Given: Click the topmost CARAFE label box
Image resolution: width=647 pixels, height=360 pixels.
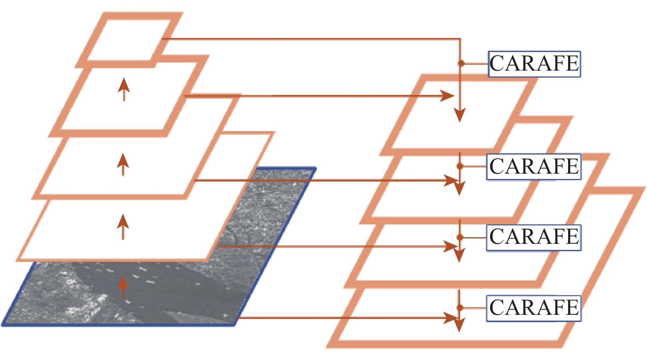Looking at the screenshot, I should tap(534, 64).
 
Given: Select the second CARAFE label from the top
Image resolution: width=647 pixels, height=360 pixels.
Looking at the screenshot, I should tap(534, 167).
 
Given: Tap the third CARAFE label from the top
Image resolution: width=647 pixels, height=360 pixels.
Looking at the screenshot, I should tap(534, 237).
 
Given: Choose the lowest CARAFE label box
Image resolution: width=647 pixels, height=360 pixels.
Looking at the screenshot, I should tap(534, 308).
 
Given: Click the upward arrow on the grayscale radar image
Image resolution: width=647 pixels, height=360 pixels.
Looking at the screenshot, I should tap(124, 287).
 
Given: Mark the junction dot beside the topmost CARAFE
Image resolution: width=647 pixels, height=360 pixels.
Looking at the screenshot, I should tap(461, 63).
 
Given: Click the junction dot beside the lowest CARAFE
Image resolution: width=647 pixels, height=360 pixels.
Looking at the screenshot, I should tap(459, 308).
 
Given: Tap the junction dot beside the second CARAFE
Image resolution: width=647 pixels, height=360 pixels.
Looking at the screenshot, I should tap(459, 166).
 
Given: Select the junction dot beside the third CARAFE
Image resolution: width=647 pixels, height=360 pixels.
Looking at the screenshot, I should tap(459, 237).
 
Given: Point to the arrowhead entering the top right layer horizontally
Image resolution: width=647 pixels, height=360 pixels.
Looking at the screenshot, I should tap(448, 96).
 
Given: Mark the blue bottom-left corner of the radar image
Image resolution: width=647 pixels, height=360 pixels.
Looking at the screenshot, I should tap(4, 324).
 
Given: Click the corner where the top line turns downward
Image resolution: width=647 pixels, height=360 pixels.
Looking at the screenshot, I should tap(460, 39).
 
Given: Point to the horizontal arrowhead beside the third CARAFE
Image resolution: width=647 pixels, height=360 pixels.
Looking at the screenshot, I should tap(451, 246).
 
